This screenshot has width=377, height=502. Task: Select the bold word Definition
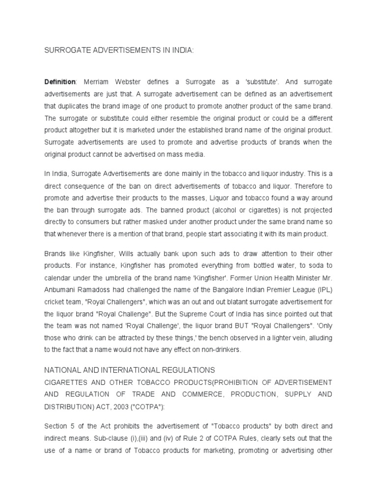(60, 81)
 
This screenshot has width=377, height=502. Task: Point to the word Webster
(132, 81)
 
